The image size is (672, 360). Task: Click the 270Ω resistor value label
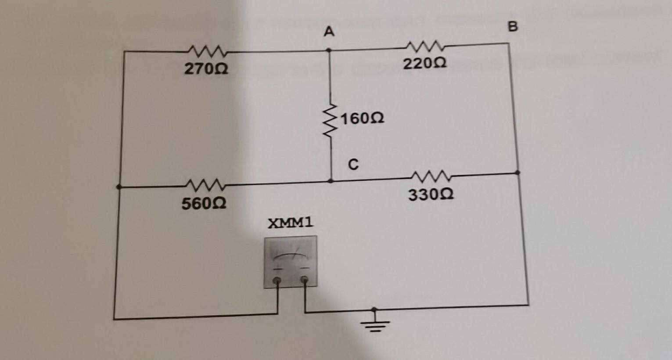(206, 69)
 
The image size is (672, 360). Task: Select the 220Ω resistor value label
(425, 64)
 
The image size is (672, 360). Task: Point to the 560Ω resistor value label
(204, 204)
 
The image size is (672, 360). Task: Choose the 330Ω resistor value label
(431, 194)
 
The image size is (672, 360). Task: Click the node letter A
(329, 32)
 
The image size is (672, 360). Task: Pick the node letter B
(513, 27)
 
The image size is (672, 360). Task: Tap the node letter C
(353, 165)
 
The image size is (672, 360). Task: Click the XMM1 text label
(291, 223)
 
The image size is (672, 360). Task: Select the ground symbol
(375, 323)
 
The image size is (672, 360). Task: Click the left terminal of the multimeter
(277, 281)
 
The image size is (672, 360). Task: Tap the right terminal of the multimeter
(304, 279)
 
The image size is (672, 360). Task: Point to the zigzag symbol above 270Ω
(206, 52)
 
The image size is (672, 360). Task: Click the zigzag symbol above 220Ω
(425, 46)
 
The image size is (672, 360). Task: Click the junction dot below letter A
(329, 50)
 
